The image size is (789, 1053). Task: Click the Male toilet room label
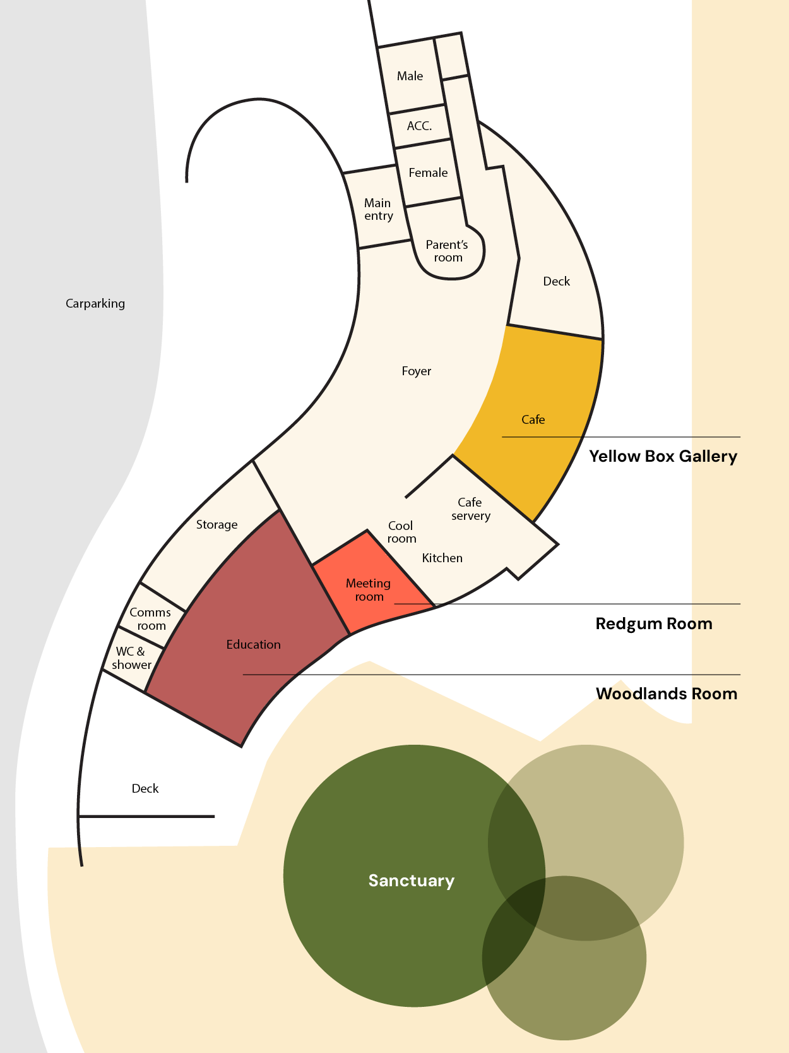(x=410, y=76)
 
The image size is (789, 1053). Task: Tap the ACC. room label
(x=419, y=126)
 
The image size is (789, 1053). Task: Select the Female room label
(x=428, y=173)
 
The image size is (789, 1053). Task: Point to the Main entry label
(x=378, y=210)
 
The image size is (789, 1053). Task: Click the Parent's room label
(x=447, y=251)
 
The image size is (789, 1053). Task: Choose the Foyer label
(x=417, y=371)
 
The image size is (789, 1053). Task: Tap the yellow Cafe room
(x=533, y=420)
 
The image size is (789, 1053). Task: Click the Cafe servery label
(x=470, y=509)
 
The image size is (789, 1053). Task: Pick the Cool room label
(x=401, y=533)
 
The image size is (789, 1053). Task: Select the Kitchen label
(x=442, y=558)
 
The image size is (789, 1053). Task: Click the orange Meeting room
(x=369, y=590)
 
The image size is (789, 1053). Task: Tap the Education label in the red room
(x=253, y=645)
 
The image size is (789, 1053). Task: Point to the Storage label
(x=217, y=525)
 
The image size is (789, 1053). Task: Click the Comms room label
(x=150, y=619)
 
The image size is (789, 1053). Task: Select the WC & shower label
(x=131, y=658)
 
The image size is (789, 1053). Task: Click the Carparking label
(x=95, y=304)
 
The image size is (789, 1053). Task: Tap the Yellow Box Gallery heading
(x=663, y=457)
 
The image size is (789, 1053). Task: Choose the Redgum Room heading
(x=654, y=624)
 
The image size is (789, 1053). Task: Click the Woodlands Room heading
(x=667, y=694)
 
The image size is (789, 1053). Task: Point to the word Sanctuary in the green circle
(x=412, y=881)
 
